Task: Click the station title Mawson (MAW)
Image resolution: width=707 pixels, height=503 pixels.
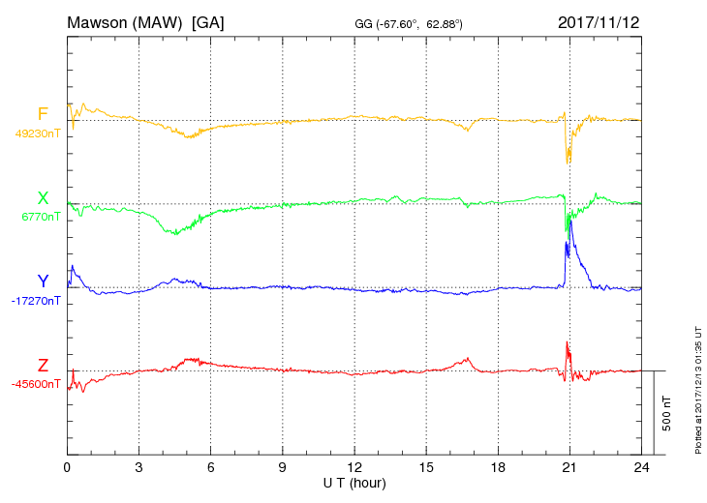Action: pos(127,21)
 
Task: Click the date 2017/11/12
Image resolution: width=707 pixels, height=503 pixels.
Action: pos(599,21)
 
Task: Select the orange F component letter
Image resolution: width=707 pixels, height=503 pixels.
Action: pos(43,114)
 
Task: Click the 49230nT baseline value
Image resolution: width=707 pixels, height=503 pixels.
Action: pos(37,133)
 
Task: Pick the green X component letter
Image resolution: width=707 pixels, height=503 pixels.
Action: pos(43,198)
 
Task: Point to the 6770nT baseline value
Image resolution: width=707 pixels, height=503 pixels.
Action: pos(40,217)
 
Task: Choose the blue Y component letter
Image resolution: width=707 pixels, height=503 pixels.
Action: pos(43,281)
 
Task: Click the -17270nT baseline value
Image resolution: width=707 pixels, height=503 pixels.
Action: pos(36,301)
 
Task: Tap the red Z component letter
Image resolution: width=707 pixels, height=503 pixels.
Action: pos(43,365)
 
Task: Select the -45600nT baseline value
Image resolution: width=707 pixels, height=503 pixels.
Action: pos(36,384)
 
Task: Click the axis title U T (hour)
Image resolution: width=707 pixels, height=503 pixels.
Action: pos(354,482)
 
